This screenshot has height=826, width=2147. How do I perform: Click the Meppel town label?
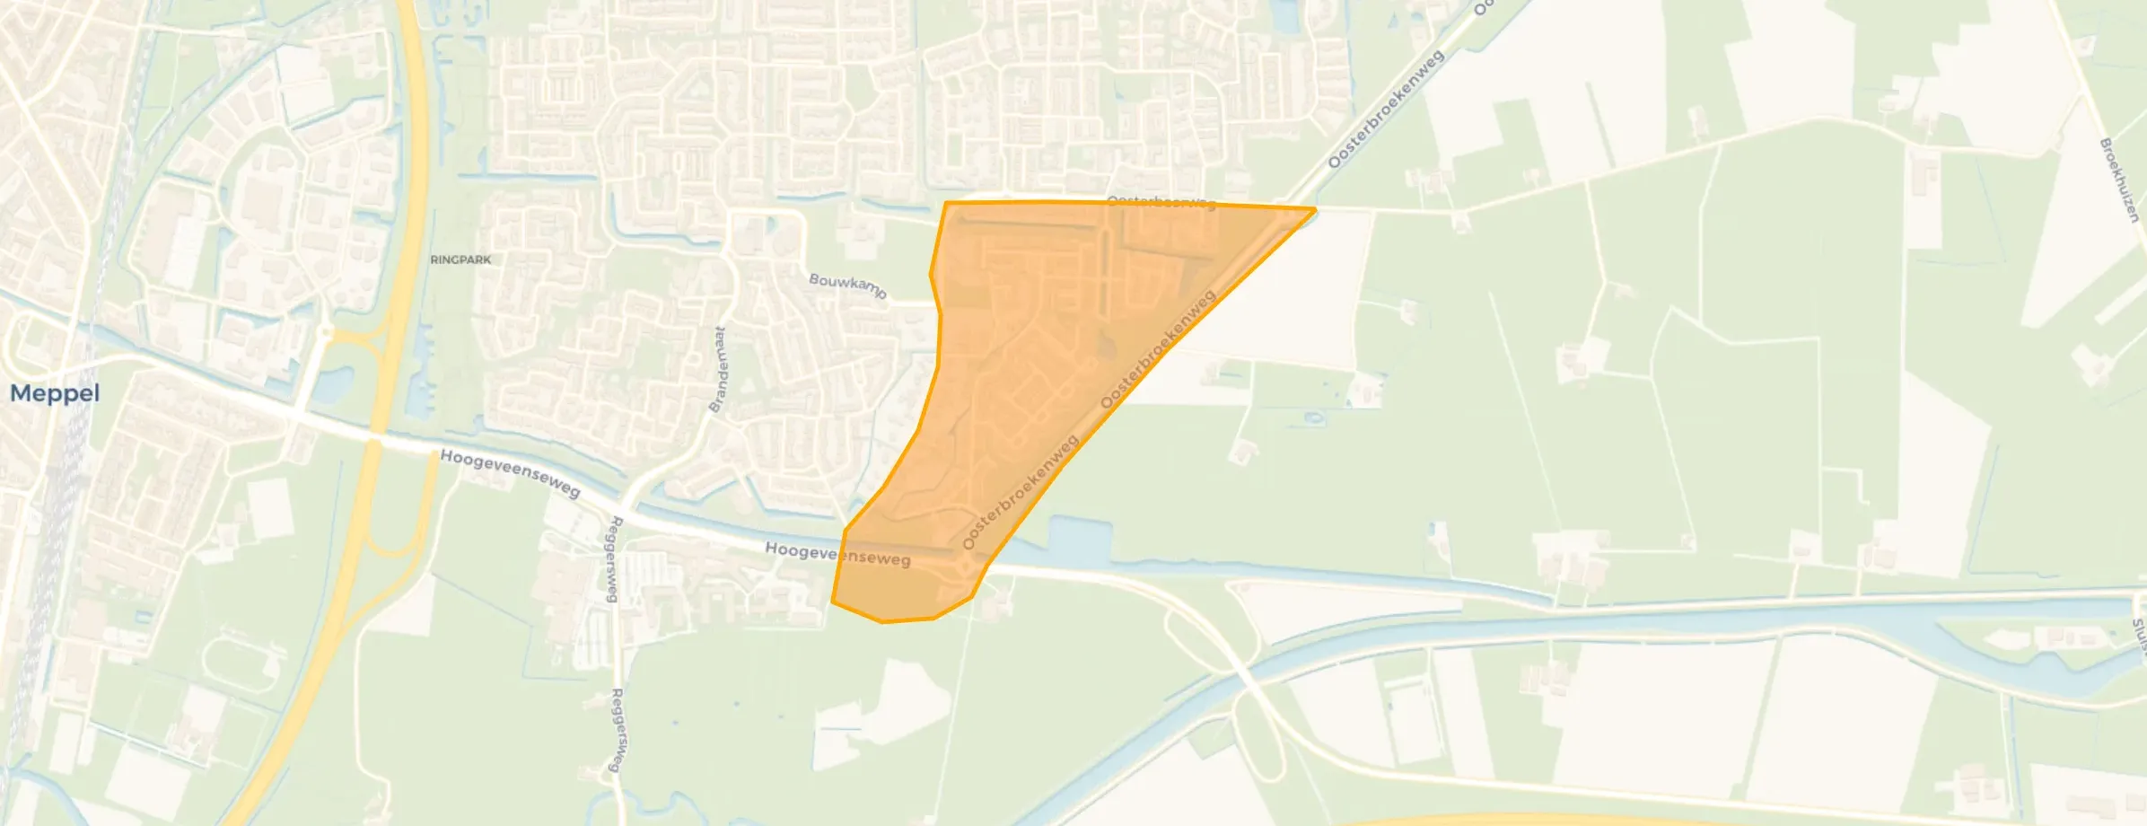click(55, 393)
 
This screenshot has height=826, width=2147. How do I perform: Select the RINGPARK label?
click(460, 259)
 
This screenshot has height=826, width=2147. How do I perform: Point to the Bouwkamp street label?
click(847, 286)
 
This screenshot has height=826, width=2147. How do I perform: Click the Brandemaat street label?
click(718, 369)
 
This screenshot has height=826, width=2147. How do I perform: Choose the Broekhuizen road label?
click(2119, 180)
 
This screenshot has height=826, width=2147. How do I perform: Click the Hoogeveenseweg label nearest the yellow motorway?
click(510, 473)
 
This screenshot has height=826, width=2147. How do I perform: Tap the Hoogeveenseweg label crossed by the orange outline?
click(837, 554)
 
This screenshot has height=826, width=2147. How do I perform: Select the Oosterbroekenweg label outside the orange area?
click(1385, 109)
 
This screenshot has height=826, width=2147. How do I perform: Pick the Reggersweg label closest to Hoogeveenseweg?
click(614, 558)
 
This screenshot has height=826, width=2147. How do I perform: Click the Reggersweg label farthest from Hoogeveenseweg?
click(617, 729)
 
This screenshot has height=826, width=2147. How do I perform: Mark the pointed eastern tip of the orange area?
click(1314, 210)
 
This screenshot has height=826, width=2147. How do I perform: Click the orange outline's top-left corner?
click(946, 204)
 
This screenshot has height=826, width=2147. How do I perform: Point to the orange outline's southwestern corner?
click(833, 602)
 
